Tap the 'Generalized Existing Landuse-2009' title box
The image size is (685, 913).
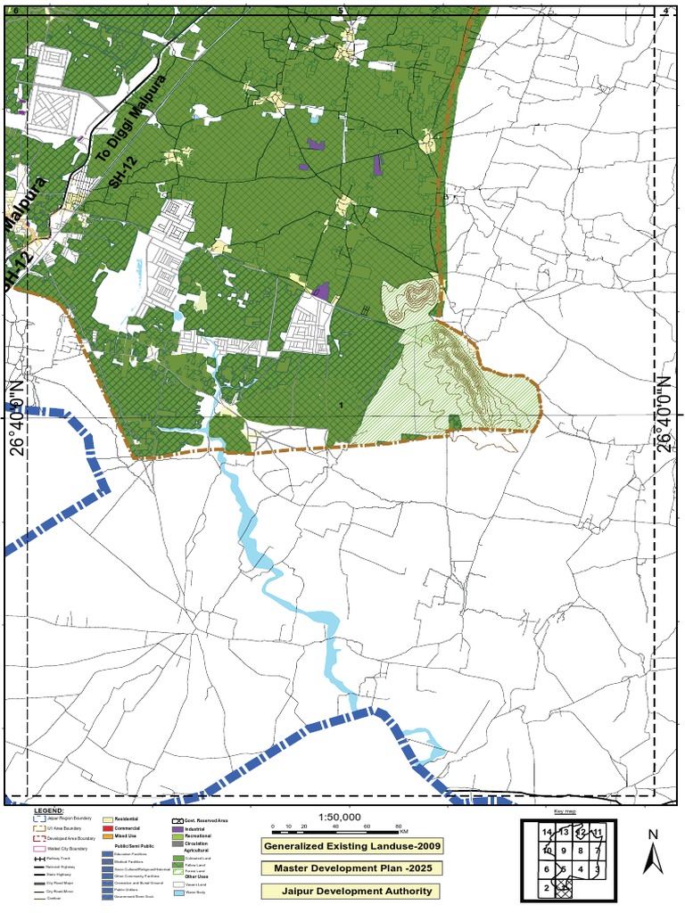pyautogui.click(x=351, y=845)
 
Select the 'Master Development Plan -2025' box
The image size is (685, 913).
pyautogui.click(x=351, y=868)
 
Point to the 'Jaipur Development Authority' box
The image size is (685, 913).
pyautogui.click(x=351, y=890)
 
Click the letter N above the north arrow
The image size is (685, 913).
pyautogui.click(x=654, y=835)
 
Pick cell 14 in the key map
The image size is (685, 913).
pyautogui.click(x=547, y=832)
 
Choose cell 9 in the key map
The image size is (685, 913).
pyautogui.click(x=564, y=851)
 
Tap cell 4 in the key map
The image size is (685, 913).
pyautogui.click(x=581, y=869)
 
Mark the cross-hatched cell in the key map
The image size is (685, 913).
pyautogui.click(x=563, y=887)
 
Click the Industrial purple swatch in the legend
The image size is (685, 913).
pyautogui.click(x=177, y=828)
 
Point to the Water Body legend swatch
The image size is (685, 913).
pyautogui.click(x=177, y=892)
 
